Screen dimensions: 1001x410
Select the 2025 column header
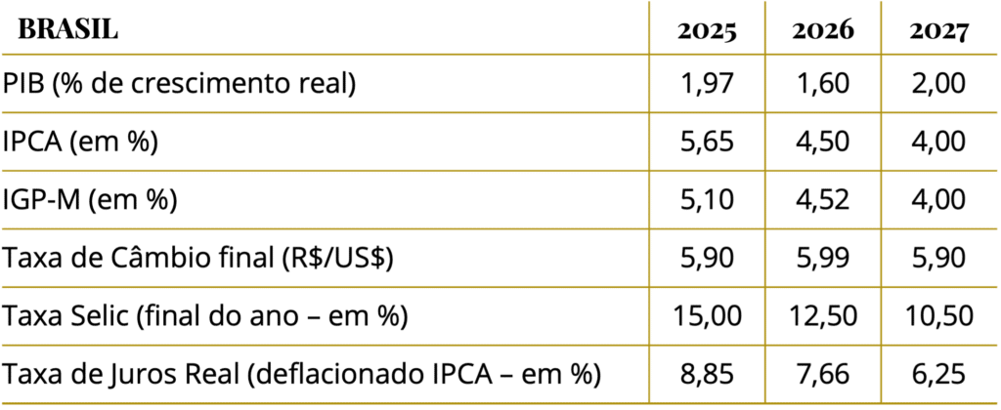pyautogui.click(x=707, y=31)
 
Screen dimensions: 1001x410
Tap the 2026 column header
pyautogui.click(x=823, y=31)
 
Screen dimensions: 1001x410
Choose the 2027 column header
pyautogui.click(x=938, y=31)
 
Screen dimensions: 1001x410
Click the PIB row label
pyautogui.click(x=180, y=84)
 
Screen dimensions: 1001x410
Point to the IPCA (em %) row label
pyautogui.click(x=80, y=142)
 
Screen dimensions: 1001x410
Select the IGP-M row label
pyautogui.click(x=90, y=200)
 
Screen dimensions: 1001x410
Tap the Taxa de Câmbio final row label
pyautogui.click(x=197, y=259)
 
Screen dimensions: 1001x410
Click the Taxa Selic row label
pyautogui.click(x=205, y=316)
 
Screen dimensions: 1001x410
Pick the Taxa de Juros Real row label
pyautogui.click(x=302, y=374)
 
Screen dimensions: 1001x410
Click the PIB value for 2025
pyautogui.click(x=707, y=84)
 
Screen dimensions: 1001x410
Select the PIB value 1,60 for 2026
pyautogui.click(x=823, y=84)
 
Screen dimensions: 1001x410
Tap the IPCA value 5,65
pyautogui.click(x=707, y=142)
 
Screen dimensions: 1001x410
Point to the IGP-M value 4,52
pyautogui.click(x=823, y=200)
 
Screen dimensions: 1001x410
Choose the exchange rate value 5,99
pyautogui.click(x=823, y=259)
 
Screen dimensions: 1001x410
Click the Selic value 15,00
pyautogui.click(x=707, y=316)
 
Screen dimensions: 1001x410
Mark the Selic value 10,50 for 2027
pyautogui.click(x=938, y=316)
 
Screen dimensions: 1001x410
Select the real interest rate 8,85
pyautogui.click(x=707, y=374)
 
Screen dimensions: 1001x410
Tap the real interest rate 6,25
pyautogui.click(x=938, y=374)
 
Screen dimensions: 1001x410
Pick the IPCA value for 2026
pyautogui.click(x=823, y=142)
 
